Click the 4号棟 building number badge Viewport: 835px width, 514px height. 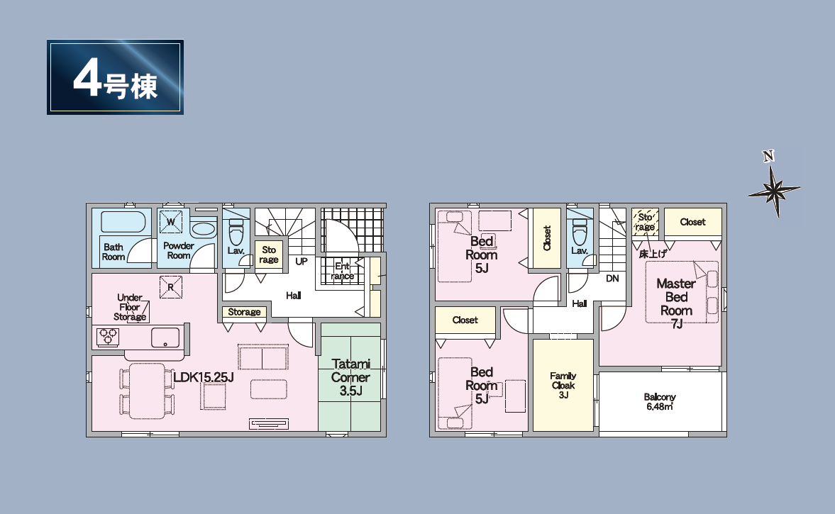[115, 77]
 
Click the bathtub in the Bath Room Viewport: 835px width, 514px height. [123, 222]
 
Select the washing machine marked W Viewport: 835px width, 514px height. [171, 222]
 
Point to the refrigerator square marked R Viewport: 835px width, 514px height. [171, 287]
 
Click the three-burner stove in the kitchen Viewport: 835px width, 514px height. [108, 337]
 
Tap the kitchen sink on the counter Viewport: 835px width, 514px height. [165, 337]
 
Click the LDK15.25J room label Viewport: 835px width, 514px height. [204, 377]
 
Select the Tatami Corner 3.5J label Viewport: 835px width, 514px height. [350, 377]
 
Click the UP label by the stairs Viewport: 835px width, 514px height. [302, 262]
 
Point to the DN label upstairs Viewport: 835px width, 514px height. [612, 279]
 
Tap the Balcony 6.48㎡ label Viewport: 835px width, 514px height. [660, 402]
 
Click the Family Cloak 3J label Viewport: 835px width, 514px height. [563, 385]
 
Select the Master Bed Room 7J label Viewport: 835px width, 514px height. [676, 303]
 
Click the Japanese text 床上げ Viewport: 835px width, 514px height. [653, 254]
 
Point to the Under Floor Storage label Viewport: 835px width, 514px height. [130, 307]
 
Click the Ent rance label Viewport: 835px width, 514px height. [343, 271]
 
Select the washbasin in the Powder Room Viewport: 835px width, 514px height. [203, 230]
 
